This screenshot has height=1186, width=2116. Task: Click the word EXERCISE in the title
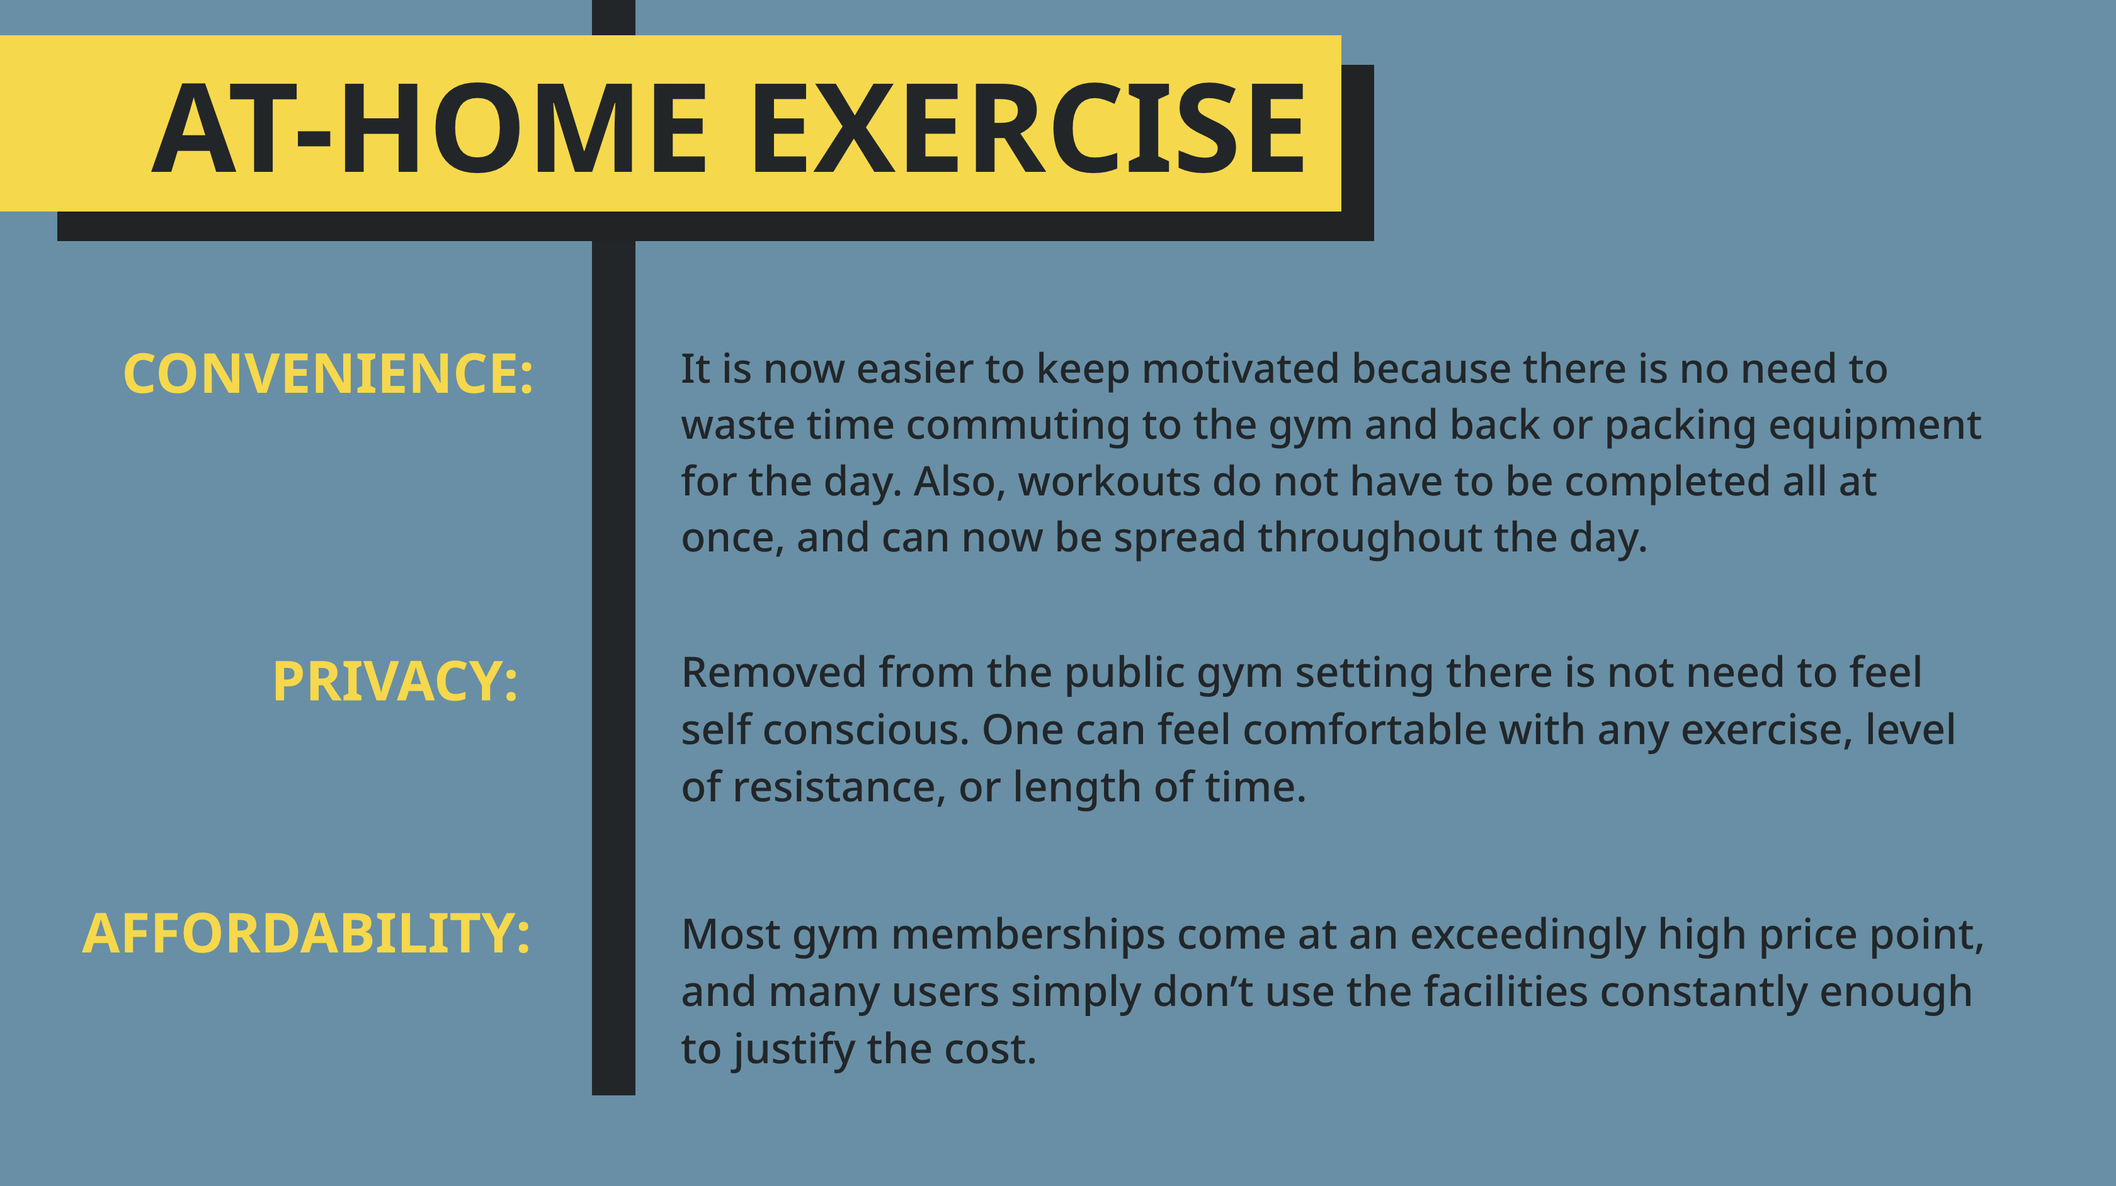[x=1028, y=128]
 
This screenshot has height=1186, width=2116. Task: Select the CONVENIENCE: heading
[x=327, y=374]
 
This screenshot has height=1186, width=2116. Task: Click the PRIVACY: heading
[x=395, y=682]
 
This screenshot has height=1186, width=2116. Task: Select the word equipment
[x=1875, y=426]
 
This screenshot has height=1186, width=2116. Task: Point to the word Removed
[x=774, y=673]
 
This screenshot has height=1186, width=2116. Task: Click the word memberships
[x=1028, y=935]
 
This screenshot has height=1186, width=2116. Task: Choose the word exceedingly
[x=1528, y=935]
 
